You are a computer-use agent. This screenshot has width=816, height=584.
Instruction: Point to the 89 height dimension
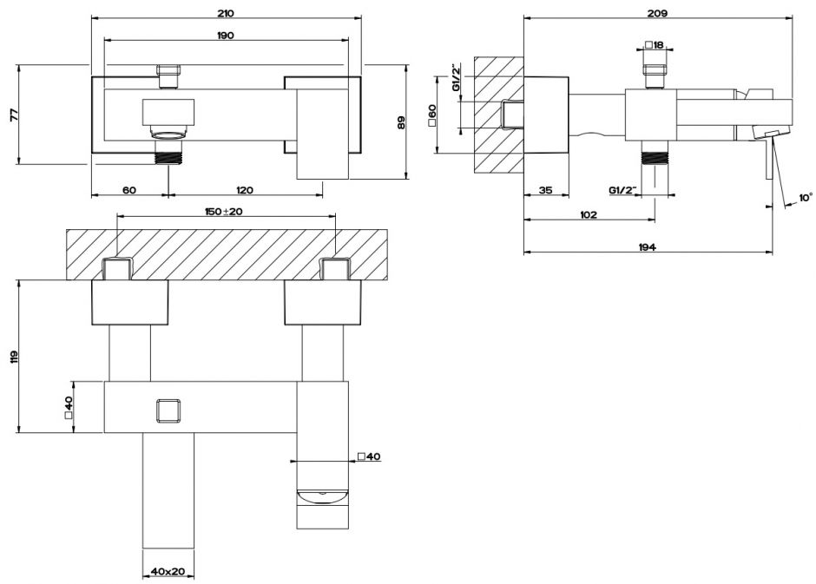click(x=401, y=122)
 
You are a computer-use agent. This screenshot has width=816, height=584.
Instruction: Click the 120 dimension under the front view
click(x=244, y=190)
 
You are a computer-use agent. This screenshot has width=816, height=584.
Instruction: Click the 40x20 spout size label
click(x=168, y=571)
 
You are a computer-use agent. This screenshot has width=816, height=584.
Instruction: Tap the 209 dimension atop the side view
click(x=657, y=12)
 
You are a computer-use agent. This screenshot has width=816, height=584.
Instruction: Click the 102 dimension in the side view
click(x=588, y=215)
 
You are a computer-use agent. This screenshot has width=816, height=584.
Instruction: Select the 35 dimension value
click(x=545, y=190)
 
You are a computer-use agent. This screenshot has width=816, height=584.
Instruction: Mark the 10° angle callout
click(x=805, y=198)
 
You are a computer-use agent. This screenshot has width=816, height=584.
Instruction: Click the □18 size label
click(x=655, y=45)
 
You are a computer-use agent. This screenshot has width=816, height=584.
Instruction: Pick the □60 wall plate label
click(x=432, y=114)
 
